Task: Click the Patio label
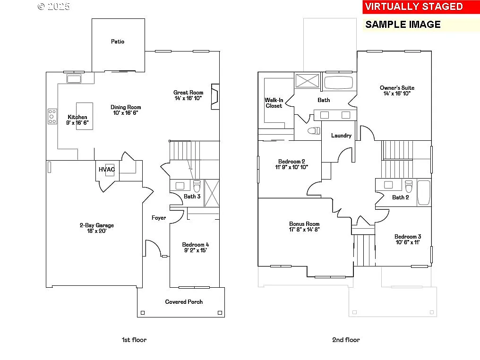pos(118,42)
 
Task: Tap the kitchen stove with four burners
pos(52,116)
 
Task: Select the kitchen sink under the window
pos(74,78)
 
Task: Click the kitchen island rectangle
pos(85,116)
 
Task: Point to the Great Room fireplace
pos(215,97)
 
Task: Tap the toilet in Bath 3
pos(197,186)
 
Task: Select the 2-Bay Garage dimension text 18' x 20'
pos(96,231)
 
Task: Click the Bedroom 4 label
pos(195,245)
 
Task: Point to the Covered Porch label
pos(184,302)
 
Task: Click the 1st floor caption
pos(134,340)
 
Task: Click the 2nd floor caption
pos(346,340)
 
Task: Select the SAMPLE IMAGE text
pos(403,25)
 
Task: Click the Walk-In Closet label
pos(274,103)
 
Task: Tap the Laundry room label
pos(341,136)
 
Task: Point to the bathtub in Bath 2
pos(424,192)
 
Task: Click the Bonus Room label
pos(304,224)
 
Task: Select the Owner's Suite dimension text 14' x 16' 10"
pos(397,94)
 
